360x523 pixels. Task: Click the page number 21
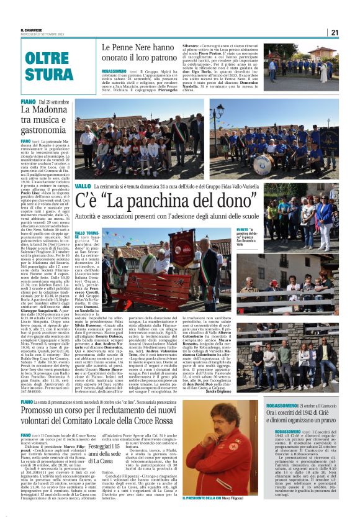click(334, 32)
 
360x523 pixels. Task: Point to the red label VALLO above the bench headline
click(82, 186)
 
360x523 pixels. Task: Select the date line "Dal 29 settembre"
click(53, 101)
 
